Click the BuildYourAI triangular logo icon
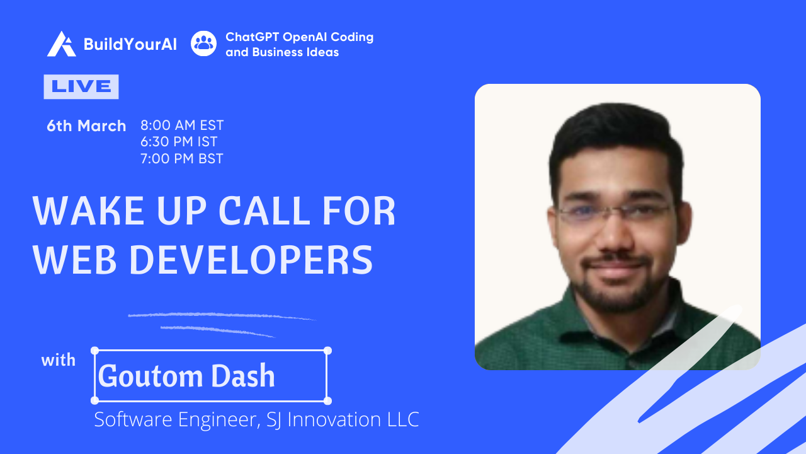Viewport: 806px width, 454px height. [x=61, y=44]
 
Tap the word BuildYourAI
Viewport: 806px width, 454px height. [x=130, y=44]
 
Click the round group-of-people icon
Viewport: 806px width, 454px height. [x=203, y=44]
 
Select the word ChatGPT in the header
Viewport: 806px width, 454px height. [x=253, y=37]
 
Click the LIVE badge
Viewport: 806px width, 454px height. [x=81, y=86]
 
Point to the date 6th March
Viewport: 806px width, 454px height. [x=86, y=125]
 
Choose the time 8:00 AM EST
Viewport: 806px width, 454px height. [x=182, y=125]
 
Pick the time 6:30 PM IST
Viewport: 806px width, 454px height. [x=179, y=142]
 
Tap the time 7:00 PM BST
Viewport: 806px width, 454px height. [x=182, y=158]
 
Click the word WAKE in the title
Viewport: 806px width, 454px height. [x=89, y=211]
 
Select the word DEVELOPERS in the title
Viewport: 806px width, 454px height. [x=251, y=260]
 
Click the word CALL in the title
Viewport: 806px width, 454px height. [x=264, y=211]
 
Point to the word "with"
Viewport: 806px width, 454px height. [x=59, y=360]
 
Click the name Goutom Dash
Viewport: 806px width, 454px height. [x=186, y=376]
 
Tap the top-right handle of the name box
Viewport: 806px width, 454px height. [x=327, y=351]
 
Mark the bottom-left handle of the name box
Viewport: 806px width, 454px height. [x=94, y=400]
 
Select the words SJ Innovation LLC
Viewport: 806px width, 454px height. [x=343, y=419]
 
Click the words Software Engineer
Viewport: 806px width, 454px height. [x=178, y=420]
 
